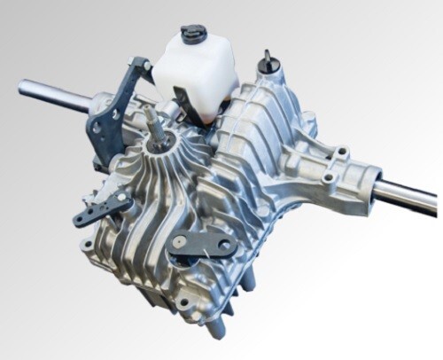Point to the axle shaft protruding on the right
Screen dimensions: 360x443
408,195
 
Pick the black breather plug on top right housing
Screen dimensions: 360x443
266,62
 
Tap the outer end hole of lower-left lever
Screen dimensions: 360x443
83,218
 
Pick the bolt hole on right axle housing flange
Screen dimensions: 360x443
329,178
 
